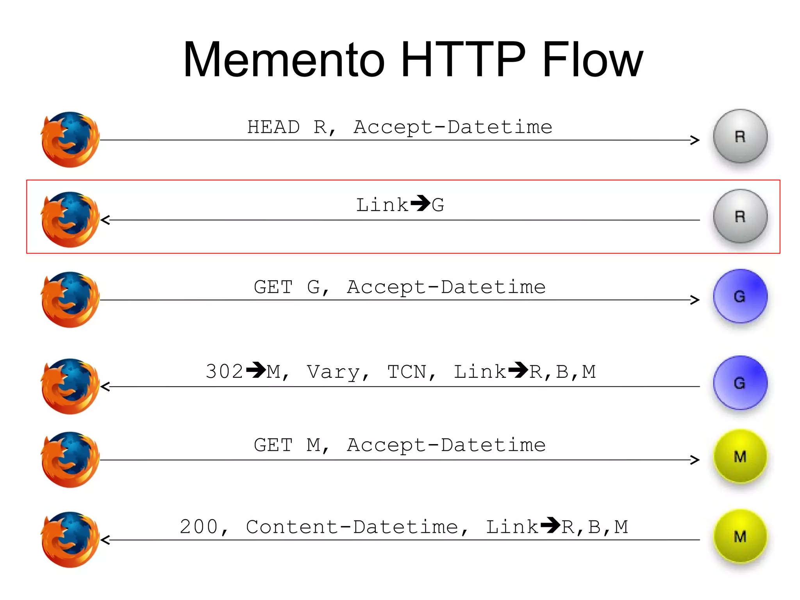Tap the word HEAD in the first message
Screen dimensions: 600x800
pos(273,127)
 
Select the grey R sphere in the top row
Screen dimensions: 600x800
pos(740,136)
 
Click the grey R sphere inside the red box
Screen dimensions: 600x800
pos(740,216)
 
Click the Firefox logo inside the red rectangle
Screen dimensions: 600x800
pos(70,220)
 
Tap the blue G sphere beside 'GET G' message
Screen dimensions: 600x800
pos(740,296)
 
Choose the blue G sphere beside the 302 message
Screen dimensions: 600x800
pos(740,383)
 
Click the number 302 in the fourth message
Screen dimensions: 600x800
pos(224,371)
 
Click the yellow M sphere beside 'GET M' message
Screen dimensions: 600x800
pos(740,456)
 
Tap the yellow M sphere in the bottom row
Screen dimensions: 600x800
pos(740,536)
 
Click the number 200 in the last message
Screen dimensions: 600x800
pos(198,527)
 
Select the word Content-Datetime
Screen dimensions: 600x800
pos(352,527)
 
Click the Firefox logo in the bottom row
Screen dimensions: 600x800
pos(70,539)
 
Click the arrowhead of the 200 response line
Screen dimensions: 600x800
pos(104,540)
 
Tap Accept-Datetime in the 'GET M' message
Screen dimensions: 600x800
pos(446,445)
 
